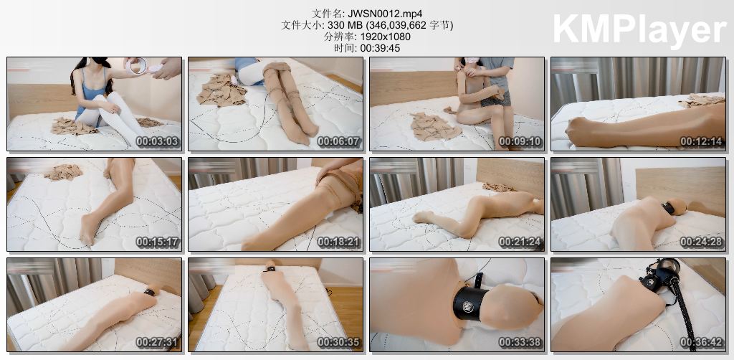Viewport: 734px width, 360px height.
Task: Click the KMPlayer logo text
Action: tap(639, 29)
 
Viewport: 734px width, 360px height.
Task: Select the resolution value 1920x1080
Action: tap(383, 37)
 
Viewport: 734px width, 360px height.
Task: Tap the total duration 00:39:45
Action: tap(380, 48)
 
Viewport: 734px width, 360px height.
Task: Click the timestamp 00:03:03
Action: tap(158, 142)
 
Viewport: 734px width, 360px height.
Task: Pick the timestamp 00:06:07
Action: tap(339, 142)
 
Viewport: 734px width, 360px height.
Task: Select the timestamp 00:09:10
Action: tap(520, 142)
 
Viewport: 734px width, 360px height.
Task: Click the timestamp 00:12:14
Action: tap(702, 142)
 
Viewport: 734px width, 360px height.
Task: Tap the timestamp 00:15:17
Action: tap(158, 242)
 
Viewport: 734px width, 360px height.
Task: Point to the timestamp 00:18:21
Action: tap(339, 242)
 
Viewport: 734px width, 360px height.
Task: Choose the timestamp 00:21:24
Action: tap(520, 242)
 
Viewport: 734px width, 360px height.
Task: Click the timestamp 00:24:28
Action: tap(702, 242)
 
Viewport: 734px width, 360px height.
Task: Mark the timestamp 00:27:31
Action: tap(158, 342)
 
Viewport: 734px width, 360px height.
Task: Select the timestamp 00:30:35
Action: tap(339, 342)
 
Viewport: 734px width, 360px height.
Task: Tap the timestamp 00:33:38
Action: tap(520, 342)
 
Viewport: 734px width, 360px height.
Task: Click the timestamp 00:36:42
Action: tap(702, 342)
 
